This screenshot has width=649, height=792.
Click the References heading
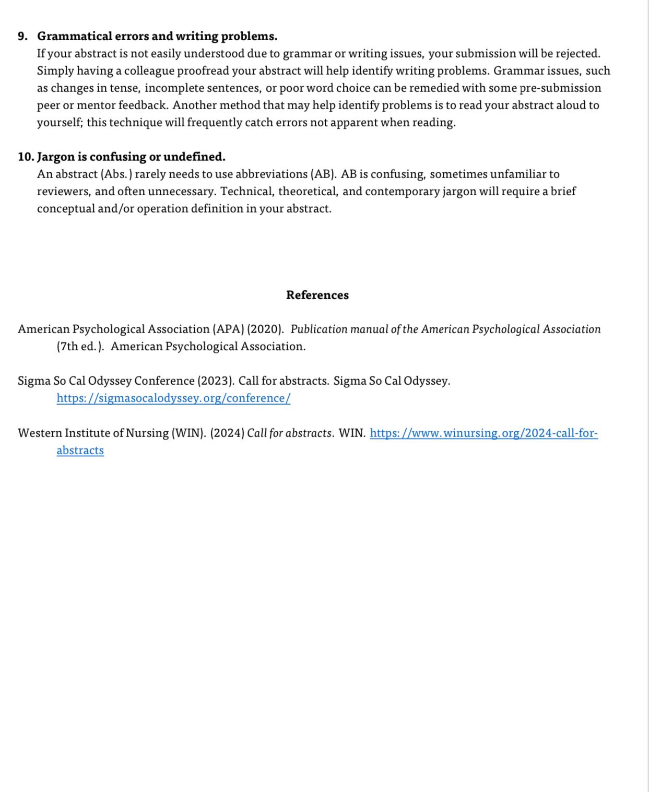pos(317,295)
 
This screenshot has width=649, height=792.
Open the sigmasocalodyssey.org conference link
pos(173,398)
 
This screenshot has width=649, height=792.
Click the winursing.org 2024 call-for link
pos(483,433)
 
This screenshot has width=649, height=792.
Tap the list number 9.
pos(22,37)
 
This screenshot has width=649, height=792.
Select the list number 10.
pos(26,157)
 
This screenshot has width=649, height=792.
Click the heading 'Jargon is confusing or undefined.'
pos(131,157)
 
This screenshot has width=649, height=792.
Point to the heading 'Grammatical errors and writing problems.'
pos(157,37)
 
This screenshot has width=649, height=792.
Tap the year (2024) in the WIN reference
pos(227,433)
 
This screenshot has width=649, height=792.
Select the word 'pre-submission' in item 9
pos(560,88)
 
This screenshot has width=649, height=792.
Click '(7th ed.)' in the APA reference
pos(80,347)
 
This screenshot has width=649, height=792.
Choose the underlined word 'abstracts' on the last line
pos(80,451)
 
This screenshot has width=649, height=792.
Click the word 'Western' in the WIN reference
pos(42,433)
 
